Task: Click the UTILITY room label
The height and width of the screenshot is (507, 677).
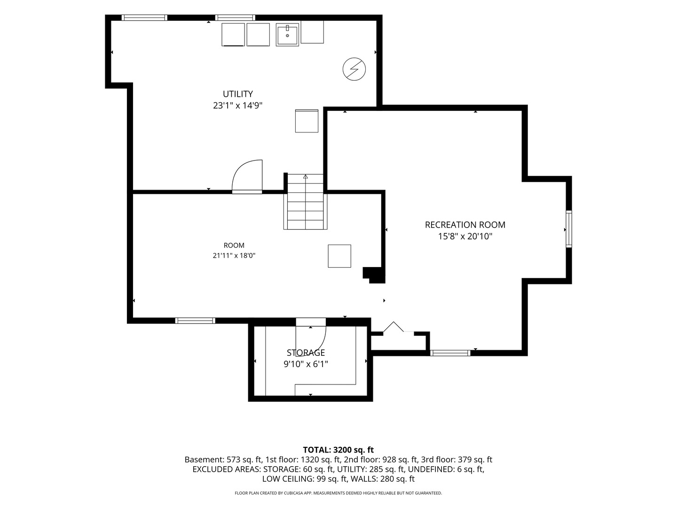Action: [237, 94]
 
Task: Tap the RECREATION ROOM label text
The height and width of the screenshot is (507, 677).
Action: [465, 225]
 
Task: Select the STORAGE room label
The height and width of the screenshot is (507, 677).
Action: [306, 353]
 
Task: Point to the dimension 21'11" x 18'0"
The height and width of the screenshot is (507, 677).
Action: [234, 255]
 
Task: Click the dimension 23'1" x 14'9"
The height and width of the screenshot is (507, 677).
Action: [237, 106]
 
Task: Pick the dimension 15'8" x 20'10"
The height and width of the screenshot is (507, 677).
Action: [465, 237]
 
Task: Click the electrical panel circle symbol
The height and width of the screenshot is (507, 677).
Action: [354, 69]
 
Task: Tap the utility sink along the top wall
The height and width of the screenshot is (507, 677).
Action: [287, 35]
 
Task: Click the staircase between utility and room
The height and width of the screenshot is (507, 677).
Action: [305, 202]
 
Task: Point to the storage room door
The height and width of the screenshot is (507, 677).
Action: [311, 337]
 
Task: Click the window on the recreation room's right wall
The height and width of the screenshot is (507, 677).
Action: [568, 229]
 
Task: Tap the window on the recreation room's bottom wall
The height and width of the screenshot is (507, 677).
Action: [450, 353]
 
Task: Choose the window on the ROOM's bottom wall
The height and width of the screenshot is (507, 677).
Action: [195, 321]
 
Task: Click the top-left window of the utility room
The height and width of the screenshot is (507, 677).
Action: [144, 17]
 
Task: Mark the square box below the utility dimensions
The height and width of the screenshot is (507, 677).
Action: [307, 121]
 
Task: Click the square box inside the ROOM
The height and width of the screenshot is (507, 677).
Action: [339, 256]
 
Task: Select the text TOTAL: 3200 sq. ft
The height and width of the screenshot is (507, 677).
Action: [338, 450]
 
